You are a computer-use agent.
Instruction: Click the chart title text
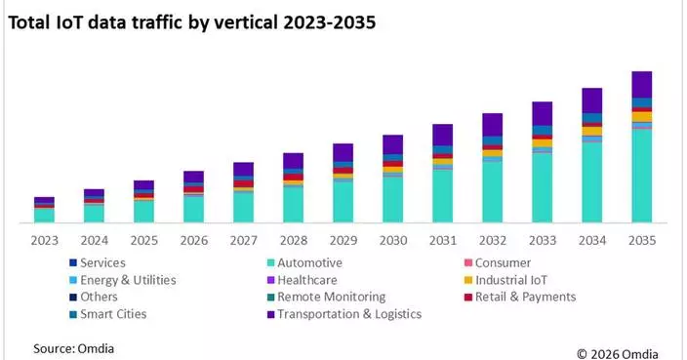191,20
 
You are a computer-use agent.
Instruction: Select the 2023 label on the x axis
44,240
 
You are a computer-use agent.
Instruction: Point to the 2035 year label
641,240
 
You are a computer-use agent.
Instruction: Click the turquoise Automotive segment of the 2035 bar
641,176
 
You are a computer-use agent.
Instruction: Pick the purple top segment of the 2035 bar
641,84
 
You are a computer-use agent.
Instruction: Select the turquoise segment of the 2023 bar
44,215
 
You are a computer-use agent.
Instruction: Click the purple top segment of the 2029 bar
343,152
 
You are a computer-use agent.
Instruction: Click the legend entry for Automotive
309,263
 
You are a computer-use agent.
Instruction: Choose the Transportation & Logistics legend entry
348,314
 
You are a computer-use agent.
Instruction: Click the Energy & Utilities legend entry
128,280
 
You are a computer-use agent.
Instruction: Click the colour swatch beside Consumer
466,263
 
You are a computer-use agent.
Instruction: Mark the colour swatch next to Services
73,263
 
